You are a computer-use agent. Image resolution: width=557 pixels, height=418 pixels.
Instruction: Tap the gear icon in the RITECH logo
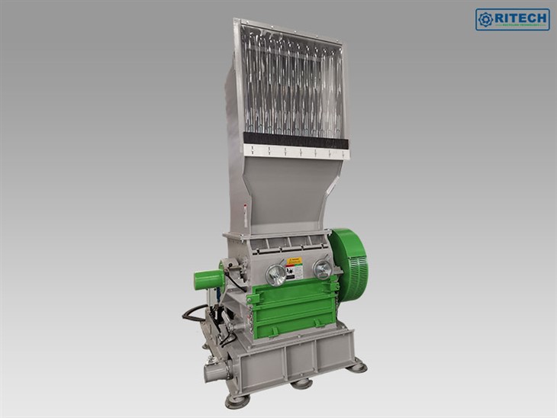(x=485, y=20)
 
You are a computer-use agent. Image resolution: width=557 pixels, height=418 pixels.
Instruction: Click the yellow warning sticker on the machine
(x=295, y=268)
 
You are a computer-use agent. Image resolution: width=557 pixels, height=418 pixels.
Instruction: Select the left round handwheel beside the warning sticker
(x=276, y=273)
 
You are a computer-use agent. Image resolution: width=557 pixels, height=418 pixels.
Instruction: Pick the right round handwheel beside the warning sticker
(x=322, y=268)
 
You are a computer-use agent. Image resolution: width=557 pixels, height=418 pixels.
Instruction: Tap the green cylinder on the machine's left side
(x=208, y=280)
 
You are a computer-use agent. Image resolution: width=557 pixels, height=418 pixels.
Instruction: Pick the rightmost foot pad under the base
(x=355, y=367)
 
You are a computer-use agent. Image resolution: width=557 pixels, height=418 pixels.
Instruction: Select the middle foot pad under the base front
(x=301, y=383)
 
